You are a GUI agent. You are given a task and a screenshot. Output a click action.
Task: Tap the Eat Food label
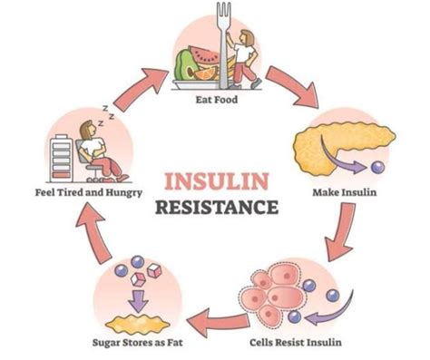click(x=215, y=101)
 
